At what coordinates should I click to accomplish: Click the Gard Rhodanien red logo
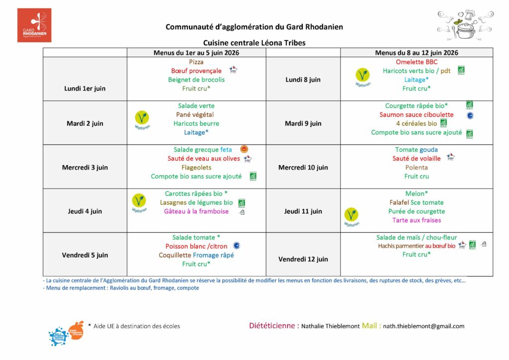pyautogui.click(x=34, y=25)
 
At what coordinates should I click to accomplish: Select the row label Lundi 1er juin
pyautogui.click(x=85, y=89)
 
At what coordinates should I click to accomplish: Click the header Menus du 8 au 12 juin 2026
pyautogui.click(x=417, y=53)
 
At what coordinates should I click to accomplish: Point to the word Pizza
pyautogui.click(x=196, y=62)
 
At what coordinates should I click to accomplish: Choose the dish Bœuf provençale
pyautogui.click(x=196, y=71)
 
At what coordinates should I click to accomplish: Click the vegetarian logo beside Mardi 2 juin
pyautogui.click(x=142, y=119)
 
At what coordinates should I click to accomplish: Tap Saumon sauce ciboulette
pyautogui.click(x=418, y=115)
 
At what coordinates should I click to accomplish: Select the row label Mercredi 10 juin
pyautogui.click(x=303, y=168)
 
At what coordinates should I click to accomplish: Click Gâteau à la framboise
pyautogui.click(x=196, y=211)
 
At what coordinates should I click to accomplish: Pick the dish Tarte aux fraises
pyautogui.click(x=417, y=220)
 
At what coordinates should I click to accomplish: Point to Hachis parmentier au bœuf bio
pyautogui.click(x=417, y=246)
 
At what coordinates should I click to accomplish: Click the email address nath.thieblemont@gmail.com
pyautogui.click(x=424, y=326)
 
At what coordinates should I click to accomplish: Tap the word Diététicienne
pyautogui.click(x=274, y=326)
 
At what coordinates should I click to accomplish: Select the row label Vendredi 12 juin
pyautogui.click(x=303, y=259)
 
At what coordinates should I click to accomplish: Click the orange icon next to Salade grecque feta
pyautogui.click(x=244, y=149)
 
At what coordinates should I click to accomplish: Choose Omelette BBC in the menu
pyautogui.click(x=417, y=62)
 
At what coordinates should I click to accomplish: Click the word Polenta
pyautogui.click(x=417, y=168)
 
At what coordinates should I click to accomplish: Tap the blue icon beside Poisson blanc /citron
pyautogui.click(x=237, y=246)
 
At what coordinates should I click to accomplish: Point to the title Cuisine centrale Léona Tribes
pyautogui.click(x=254, y=43)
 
